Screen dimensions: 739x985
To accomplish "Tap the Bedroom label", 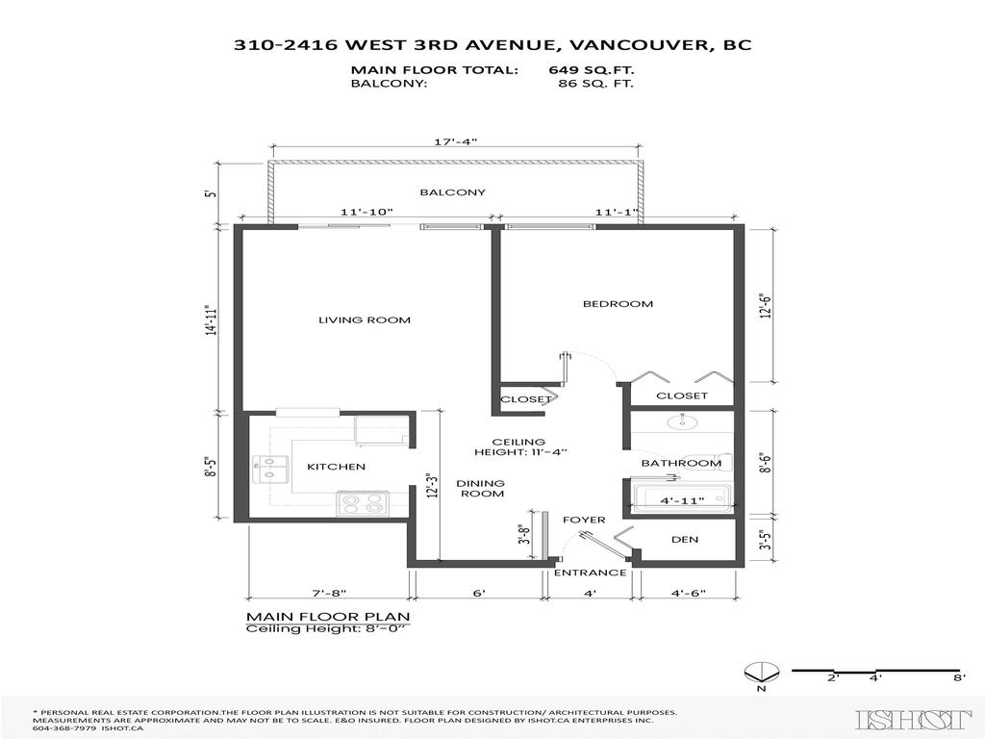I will pos(618,304).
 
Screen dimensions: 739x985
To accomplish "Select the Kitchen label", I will pos(336,467).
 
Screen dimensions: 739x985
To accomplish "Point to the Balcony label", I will pos(452,192).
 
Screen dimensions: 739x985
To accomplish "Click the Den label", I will pos(685,539).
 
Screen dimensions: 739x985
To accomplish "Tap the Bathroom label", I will pos(681,463).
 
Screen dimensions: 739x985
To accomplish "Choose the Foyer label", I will pos(584,521).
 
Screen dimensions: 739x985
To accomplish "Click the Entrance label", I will pos(591,573).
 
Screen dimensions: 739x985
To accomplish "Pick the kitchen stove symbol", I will pos(362,503).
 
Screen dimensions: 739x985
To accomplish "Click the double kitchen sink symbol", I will pos(269,469).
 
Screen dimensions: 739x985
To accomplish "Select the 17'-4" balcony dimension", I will pos(456,141).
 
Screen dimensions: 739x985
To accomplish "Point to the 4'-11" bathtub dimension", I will pos(682,500).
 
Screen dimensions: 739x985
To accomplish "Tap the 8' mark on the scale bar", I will pos(959,677).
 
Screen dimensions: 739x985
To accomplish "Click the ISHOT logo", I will pos(914,719).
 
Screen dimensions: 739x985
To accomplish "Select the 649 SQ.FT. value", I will pos(592,70).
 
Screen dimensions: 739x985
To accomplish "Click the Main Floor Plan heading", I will pos(328,616).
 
